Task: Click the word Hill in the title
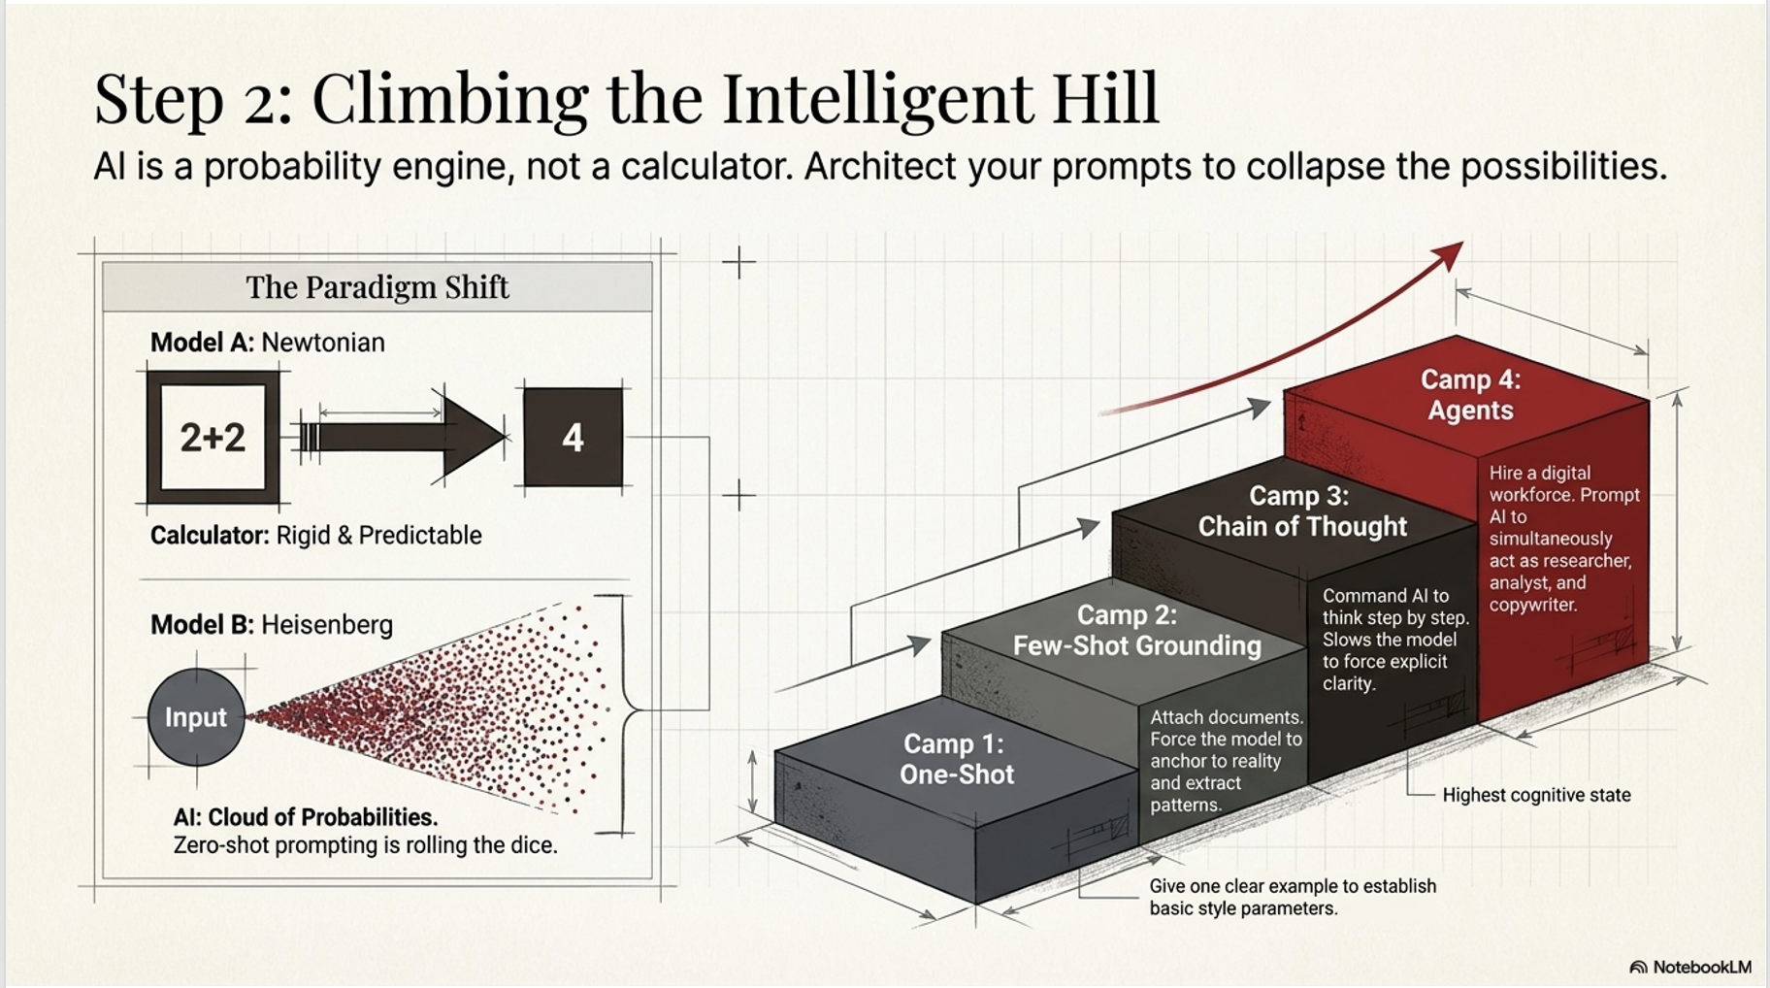(1105, 99)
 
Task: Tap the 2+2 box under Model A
(213, 438)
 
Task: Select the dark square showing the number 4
(573, 438)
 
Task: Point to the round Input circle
(196, 717)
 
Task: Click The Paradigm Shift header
(377, 287)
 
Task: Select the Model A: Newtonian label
(267, 343)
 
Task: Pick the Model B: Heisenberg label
(271, 624)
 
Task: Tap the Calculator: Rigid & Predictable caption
(315, 536)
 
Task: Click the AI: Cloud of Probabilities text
(306, 817)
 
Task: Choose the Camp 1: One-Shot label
(956, 759)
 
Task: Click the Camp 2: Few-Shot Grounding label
(1136, 631)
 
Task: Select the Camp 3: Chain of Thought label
(1301, 511)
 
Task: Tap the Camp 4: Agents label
(1470, 395)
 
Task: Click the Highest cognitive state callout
(1536, 795)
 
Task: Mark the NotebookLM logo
(1690, 967)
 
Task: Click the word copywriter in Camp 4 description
(1532, 605)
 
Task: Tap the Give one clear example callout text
(1292, 897)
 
